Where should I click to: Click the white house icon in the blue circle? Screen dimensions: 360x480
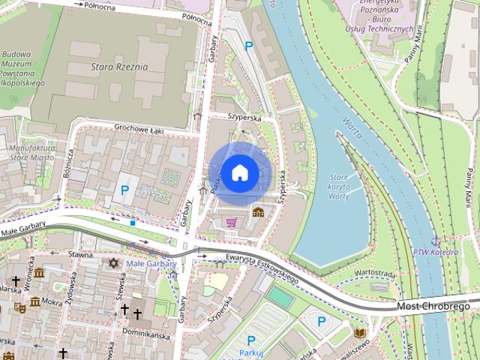pos(240,173)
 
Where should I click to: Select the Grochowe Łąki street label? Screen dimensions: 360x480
pos(139,128)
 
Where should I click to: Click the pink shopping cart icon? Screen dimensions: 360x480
pos(232,222)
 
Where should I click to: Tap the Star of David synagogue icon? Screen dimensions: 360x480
pos(114,263)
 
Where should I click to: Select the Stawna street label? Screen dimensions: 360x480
pos(80,255)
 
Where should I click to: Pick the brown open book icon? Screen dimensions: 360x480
pos(360,331)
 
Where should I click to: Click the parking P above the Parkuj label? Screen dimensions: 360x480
pos(251,340)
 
